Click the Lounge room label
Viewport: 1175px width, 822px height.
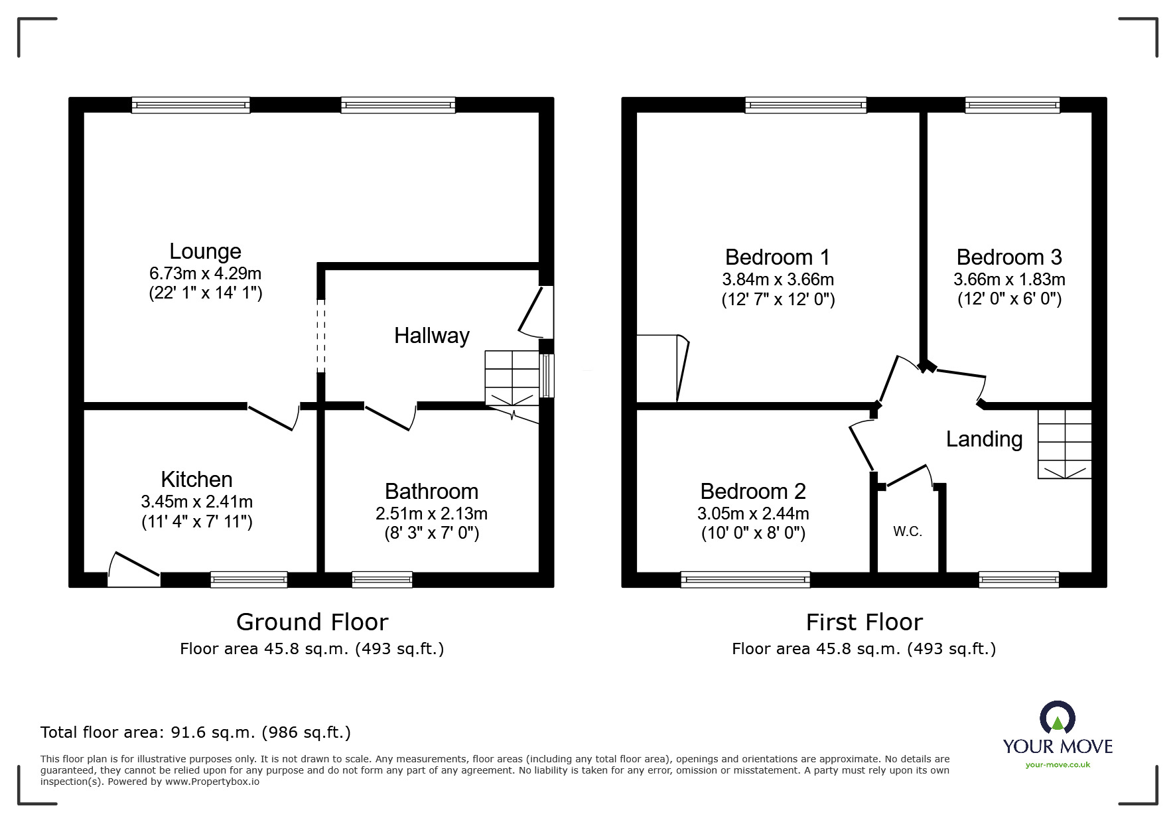(205, 251)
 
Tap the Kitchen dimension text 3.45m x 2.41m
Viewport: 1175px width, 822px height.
(196, 502)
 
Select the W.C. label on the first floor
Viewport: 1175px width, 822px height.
(907, 531)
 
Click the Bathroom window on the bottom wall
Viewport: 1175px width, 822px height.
(381, 579)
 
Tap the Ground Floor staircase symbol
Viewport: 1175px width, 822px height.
(512, 379)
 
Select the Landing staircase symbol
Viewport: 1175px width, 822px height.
(1064, 444)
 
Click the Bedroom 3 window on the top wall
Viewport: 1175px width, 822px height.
(1012, 105)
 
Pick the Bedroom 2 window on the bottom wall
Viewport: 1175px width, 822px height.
(745, 579)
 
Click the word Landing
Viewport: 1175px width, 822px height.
(984, 439)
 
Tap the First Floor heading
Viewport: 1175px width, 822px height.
(864, 622)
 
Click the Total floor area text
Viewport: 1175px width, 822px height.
(196, 732)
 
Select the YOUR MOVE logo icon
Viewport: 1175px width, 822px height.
(1056, 719)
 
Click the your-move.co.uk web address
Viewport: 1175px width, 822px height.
(1058, 765)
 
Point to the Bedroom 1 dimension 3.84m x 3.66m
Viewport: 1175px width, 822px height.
(778, 279)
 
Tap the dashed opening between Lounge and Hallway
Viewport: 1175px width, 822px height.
(321, 335)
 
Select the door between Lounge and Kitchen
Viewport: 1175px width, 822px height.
(274, 417)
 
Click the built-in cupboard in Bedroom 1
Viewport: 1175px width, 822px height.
(658, 369)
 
